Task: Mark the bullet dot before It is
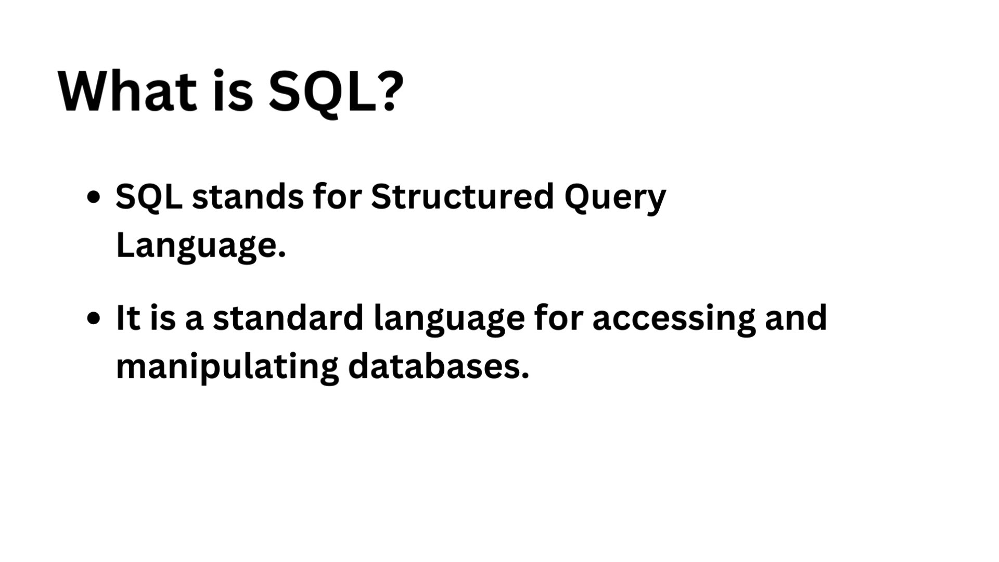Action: tap(94, 318)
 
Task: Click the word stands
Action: tap(248, 197)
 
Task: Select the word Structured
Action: tap(463, 197)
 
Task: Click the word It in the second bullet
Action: tap(128, 318)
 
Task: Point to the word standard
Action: tap(288, 317)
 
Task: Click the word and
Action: tap(796, 317)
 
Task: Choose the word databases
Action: tap(439, 365)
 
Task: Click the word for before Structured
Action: tap(338, 197)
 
